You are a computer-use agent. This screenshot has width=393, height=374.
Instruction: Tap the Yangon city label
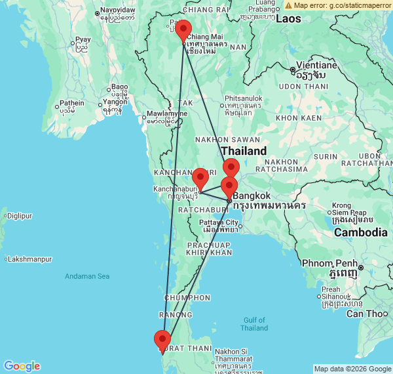(114, 102)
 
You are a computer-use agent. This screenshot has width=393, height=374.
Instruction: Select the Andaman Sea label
(86, 276)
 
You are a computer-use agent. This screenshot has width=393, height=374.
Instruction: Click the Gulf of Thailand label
(254, 323)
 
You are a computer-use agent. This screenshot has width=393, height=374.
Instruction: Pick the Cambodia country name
(360, 232)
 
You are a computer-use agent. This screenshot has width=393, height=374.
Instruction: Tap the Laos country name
(288, 18)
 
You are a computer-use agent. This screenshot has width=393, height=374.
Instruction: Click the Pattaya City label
(219, 222)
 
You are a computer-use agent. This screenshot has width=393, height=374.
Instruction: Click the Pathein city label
(71, 103)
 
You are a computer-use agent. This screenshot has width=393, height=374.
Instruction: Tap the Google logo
(21, 366)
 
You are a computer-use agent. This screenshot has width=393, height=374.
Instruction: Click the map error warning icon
(288, 5)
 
